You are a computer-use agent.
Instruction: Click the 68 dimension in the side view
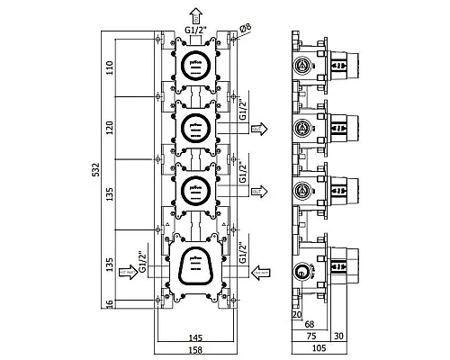pos(309,326)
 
